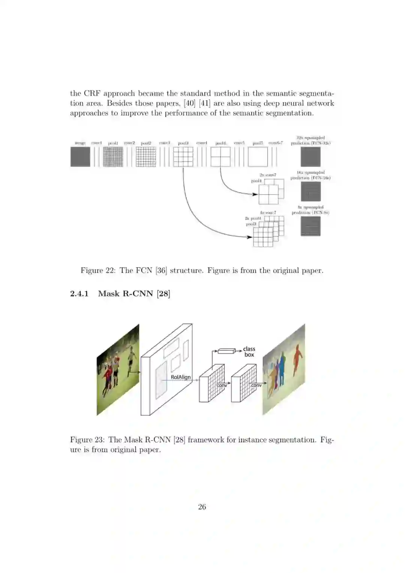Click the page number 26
point(202,507)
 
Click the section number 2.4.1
point(79,293)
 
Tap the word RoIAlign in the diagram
point(180,377)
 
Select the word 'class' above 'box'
point(249,349)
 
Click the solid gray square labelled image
point(80,156)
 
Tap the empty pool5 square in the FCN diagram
point(258,156)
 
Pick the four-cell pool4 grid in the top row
point(220,156)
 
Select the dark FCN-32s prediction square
point(310,156)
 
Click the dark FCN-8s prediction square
point(310,226)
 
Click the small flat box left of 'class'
point(226,351)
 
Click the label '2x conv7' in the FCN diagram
point(268,175)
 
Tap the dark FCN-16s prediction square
point(310,191)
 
